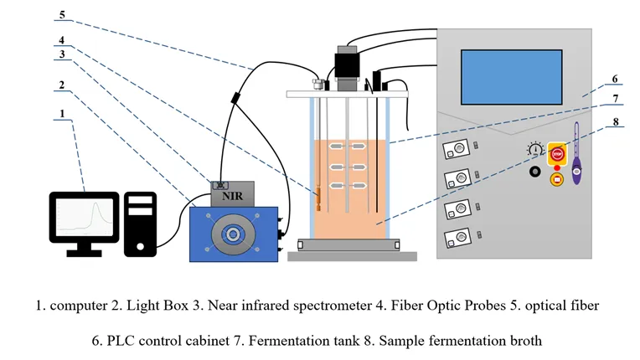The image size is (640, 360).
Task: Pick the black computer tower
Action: click(x=141, y=224)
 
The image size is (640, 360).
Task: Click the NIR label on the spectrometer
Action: click(x=233, y=198)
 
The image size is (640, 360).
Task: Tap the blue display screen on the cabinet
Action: click(x=510, y=77)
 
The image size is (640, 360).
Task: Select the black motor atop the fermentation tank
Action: click(x=346, y=67)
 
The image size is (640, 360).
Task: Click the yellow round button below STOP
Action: click(x=555, y=177)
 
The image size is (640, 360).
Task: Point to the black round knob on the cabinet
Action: click(x=533, y=173)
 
